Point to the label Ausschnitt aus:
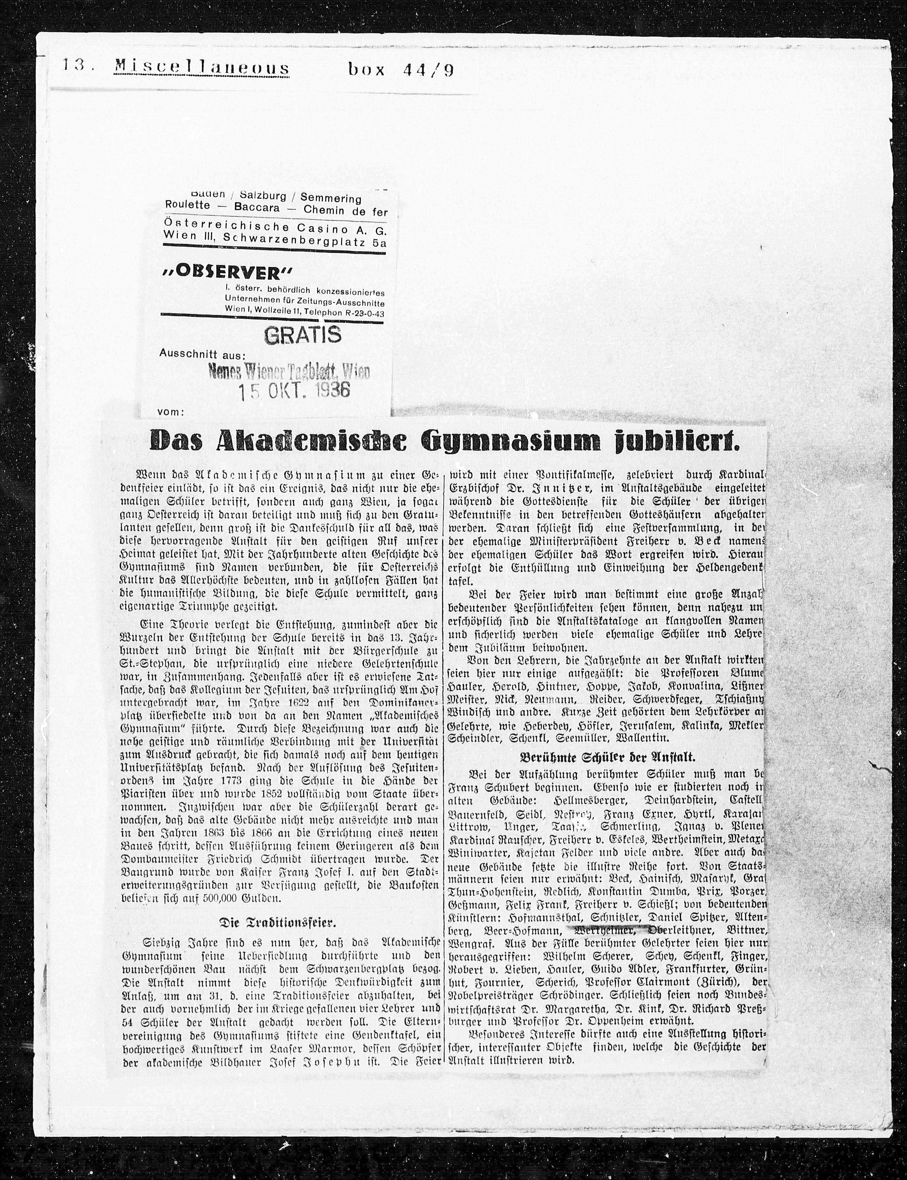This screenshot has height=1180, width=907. [x=202, y=354]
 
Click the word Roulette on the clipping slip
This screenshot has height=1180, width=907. [x=188, y=206]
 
